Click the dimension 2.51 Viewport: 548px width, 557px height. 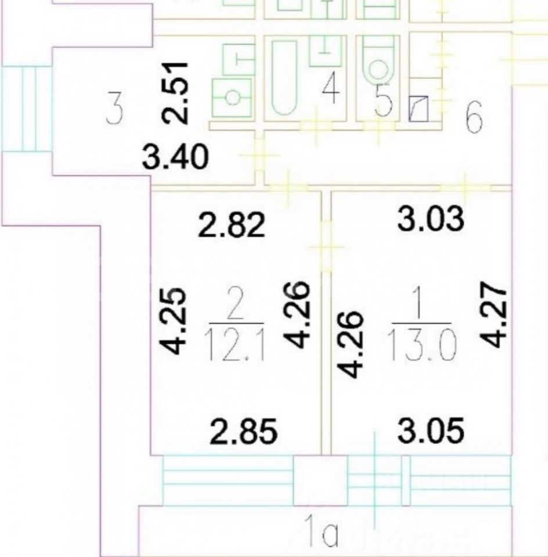pyautogui.click(x=175, y=93)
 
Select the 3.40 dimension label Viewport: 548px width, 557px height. pyautogui.click(x=176, y=157)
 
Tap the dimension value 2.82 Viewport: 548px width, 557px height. pyautogui.click(x=232, y=226)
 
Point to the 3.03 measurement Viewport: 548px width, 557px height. pyautogui.click(x=431, y=219)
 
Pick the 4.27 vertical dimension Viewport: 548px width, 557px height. pyautogui.click(x=491, y=315)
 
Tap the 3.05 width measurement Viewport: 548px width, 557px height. pyautogui.click(x=431, y=431)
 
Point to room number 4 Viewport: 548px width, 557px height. pyautogui.click(x=331, y=92)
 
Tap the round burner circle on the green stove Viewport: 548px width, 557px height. pyautogui.click(x=232, y=97)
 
